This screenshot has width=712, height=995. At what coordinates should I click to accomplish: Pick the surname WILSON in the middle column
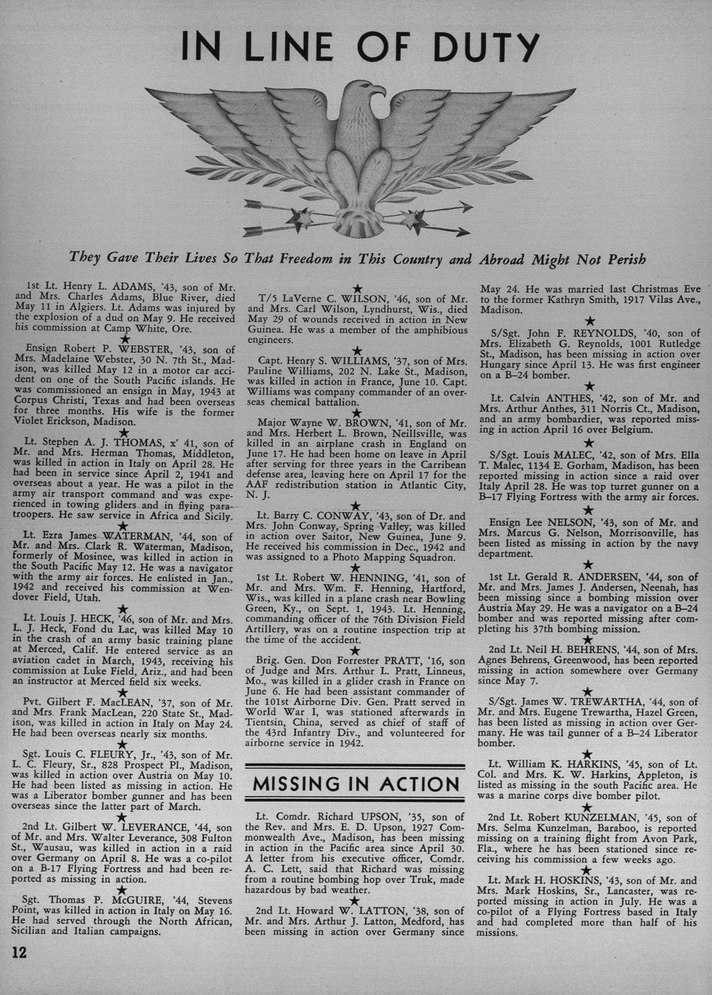368,298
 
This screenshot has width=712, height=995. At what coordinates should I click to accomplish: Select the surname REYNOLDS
605,333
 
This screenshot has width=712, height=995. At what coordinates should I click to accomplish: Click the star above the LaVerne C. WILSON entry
356,287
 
